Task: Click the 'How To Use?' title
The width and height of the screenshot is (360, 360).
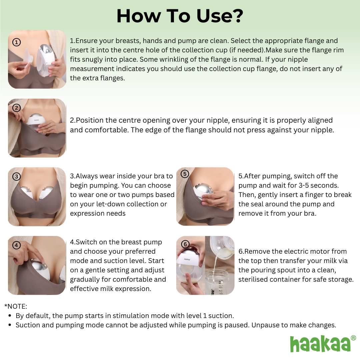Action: click(x=180, y=16)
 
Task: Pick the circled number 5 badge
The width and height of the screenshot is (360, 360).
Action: click(x=185, y=174)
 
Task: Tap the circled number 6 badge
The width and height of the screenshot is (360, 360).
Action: click(x=185, y=244)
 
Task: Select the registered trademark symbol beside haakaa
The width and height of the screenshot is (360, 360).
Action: click(x=353, y=338)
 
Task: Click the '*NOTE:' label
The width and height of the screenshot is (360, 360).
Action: click(x=16, y=306)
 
